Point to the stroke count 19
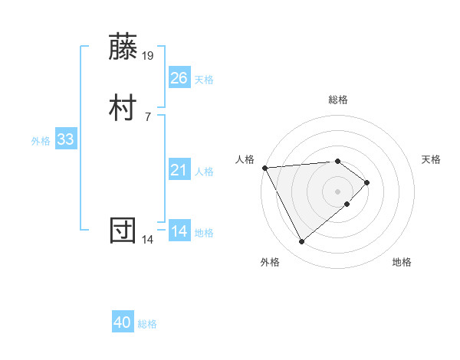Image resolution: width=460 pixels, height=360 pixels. tap(149, 55)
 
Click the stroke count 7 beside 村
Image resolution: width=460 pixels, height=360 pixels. tap(148, 116)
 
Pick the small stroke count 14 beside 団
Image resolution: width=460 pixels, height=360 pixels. tap(148, 240)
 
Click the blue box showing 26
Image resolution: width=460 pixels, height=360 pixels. tap(179, 77)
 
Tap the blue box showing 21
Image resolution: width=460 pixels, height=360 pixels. tap(179, 170)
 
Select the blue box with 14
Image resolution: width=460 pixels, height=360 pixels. tap(179, 231)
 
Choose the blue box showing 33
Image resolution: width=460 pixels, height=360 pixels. tap(65, 140)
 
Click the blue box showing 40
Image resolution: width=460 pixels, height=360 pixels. tap(123, 322)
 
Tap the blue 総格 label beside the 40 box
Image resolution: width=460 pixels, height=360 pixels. tap(147, 324)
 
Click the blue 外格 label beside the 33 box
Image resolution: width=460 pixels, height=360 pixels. tap(41, 141)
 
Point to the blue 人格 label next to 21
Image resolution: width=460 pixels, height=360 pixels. tap(204, 172)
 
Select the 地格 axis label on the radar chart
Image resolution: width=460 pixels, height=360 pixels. tap(402, 262)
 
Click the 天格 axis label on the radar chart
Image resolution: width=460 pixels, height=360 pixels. tap(432, 159)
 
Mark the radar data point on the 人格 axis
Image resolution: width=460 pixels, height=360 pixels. tap(264, 168)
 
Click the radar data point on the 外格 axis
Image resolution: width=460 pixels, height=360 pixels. tap(301, 242)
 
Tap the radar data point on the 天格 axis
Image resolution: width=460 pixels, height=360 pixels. tap(367, 182)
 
